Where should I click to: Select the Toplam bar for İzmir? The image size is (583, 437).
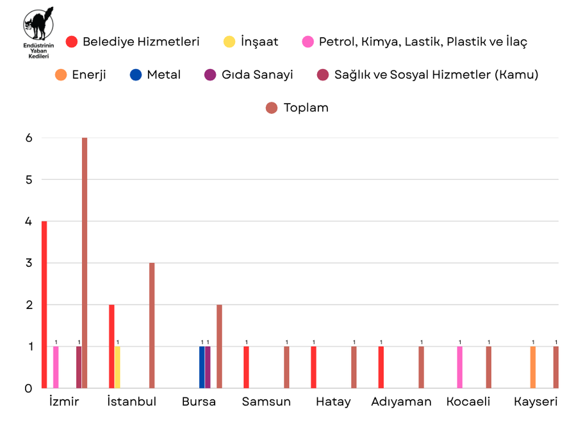[x=85, y=262]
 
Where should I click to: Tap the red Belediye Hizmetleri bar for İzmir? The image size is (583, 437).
[x=44, y=305]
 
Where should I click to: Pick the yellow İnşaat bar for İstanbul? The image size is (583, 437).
[x=117, y=367]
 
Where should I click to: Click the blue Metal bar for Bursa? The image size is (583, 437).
[x=202, y=367]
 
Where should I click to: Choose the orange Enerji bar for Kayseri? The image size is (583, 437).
[x=533, y=367]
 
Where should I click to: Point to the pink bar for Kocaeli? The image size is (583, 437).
[x=459, y=367]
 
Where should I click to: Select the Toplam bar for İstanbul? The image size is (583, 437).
[x=152, y=325]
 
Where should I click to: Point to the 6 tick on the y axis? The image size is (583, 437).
[x=28, y=138]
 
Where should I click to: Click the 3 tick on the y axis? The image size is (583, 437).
[x=28, y=263]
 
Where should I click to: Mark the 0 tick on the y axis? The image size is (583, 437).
[x=28, y=388]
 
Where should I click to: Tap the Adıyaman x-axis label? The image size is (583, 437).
[x=401, y=402]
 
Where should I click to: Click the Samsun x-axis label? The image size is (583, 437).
[x=266, y=402]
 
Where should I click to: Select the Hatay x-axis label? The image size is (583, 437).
[x=333, y=402]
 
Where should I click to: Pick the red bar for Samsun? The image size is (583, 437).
[x=246, y=367]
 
